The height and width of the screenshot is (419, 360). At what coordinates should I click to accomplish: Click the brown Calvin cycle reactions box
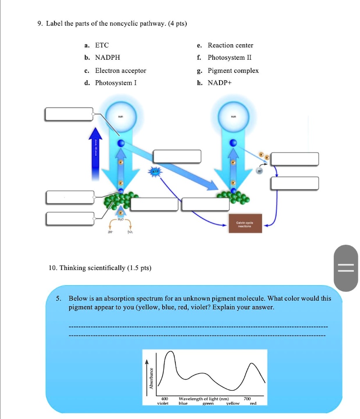point(245,223)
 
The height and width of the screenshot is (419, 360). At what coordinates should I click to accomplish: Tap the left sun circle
point(121,115)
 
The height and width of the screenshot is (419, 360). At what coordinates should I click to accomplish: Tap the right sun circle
point(233,115)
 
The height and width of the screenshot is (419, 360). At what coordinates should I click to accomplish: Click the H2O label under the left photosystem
point(120,219)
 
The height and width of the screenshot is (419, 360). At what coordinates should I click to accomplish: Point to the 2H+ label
point(110,231)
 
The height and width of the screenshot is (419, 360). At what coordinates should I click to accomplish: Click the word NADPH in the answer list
point(108,58)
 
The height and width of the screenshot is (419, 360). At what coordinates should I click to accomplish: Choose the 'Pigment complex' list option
point(233,70)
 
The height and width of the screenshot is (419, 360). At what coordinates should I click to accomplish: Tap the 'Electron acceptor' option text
point(120,70)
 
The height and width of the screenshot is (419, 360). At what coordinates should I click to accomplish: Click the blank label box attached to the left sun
point(69,114)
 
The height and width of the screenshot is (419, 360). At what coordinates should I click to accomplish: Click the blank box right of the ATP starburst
point(177,156)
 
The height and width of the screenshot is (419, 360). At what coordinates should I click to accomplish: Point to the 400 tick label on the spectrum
point(164,399)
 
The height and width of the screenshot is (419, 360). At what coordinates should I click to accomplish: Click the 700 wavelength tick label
point(247,399)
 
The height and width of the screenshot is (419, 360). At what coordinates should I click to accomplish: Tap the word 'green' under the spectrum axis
point(208,403)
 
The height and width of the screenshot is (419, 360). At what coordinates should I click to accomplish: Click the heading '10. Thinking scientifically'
point(100,268)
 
